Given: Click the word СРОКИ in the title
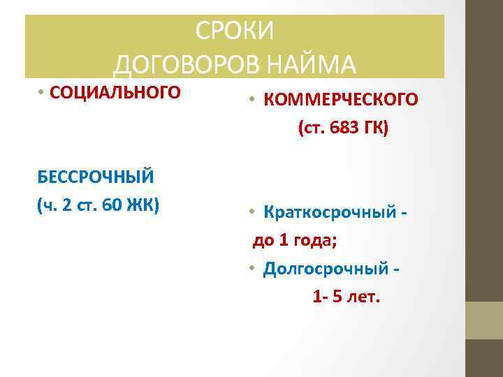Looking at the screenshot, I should click(235, 31).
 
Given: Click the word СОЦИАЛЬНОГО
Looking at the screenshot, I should click(115, 92).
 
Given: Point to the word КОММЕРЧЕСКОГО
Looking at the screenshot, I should click(341, 100).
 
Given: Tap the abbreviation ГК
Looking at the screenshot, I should click(374, 128).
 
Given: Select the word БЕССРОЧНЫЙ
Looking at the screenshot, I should click(96, 175).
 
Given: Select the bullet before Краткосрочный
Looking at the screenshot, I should click(252, 212).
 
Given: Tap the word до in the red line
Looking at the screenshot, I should click(263, 242).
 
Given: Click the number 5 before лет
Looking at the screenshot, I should click(338, 297).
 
